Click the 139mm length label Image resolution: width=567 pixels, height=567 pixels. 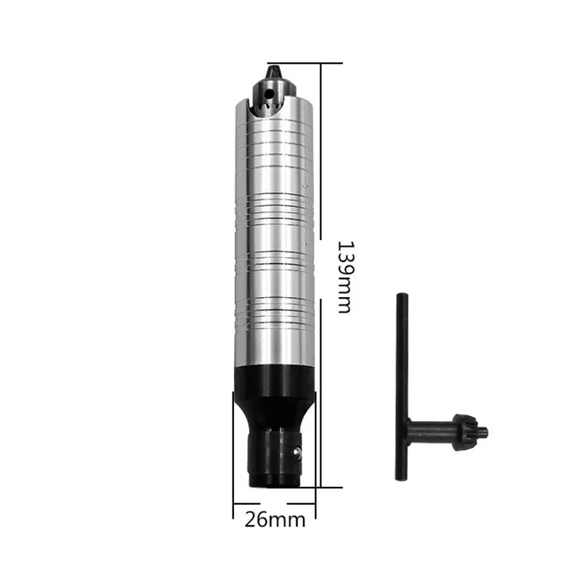(x=344, y=277)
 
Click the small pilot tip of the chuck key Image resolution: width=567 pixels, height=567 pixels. (x=484, y=431)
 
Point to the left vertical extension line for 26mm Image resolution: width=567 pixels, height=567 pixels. (x=232, y=454)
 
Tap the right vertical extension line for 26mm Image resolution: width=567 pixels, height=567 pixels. (x=316, y=454)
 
